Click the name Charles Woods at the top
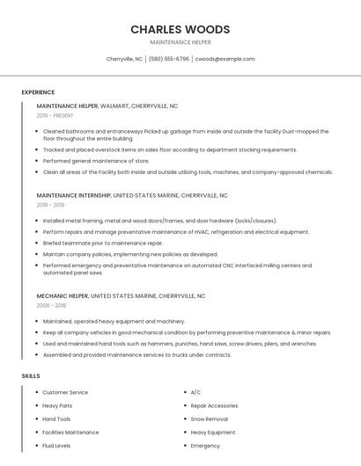click(180, 29)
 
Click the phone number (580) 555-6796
click(168, 59)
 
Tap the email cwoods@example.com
click(225, 59)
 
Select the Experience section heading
click(38, 92)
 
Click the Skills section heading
click(31, 375)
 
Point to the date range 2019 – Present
click(55, 115)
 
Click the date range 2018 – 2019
click(51, 205)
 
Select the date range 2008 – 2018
click(51, 306)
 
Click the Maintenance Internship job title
click(74, 195)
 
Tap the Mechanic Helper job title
click(63, 296)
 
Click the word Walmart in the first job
click(114, 106)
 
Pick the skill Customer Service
click(65, 392)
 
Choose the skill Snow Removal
click(210, 419)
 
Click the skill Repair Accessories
click(214, 405)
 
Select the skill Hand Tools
click(56, 419)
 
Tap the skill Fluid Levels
click(57, 446)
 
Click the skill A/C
click(195, 392)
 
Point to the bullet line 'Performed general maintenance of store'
click(96, 161)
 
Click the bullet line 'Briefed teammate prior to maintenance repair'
click(103, 243)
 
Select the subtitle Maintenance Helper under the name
click(180, 42)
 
